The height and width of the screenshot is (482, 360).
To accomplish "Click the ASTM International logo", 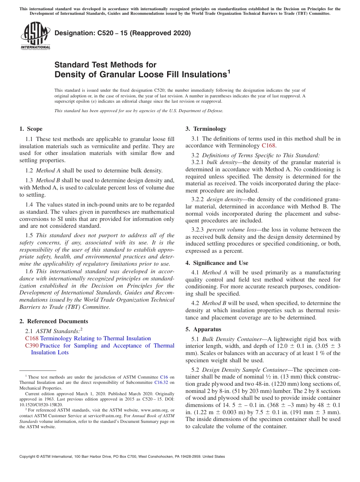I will (x=35, y=36).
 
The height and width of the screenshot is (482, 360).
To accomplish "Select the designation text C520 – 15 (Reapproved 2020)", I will (x=122, y=33).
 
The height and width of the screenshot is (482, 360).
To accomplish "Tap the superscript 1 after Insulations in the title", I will (x=229, y=71).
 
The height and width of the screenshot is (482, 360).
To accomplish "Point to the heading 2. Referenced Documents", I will (x=54, y=321).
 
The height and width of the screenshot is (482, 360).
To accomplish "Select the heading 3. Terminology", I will (x=206, y=129).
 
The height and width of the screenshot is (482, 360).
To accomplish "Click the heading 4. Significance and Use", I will (x=217, y=263).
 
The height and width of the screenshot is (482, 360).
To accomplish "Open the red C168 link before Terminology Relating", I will (x=31, y=338).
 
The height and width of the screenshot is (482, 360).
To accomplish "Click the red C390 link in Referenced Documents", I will (x=31, y=346).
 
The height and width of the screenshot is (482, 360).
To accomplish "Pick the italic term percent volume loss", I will (x=231, y=230).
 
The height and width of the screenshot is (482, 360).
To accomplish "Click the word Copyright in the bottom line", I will (x=29, y=457).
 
